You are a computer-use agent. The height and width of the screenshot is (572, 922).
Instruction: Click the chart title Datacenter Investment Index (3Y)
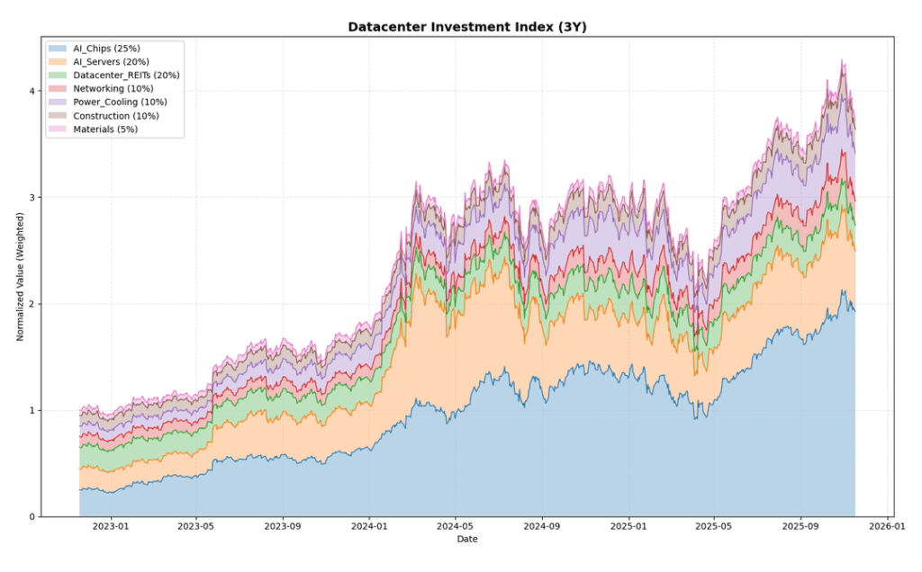tap(467, 27)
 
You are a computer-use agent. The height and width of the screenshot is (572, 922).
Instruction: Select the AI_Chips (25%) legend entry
tap(106, 48)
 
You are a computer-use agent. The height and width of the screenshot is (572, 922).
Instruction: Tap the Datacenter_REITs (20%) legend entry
tap(126, 75)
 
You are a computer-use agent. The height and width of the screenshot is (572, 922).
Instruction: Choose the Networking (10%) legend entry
tap(113, 88)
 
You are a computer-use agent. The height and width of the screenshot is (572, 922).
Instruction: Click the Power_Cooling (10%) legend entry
tap(119, 102)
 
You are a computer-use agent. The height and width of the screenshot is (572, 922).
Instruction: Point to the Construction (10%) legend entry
tap(116, 115)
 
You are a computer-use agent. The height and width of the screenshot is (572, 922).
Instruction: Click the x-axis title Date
tap(467, 540)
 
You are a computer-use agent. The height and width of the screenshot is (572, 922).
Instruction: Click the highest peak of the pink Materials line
tap(842, 60)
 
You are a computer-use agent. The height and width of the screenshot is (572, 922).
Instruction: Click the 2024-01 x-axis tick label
tap(369, 527)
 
